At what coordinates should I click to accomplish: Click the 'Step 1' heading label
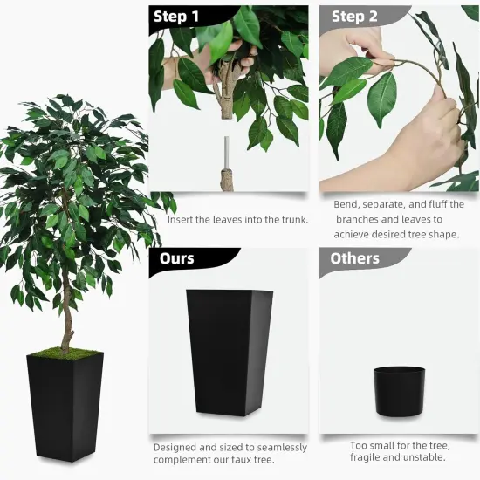[x=176, y=17]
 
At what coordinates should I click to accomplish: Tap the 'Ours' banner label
[x=177, y=258]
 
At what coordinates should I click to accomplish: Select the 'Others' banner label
[x=354, y=258]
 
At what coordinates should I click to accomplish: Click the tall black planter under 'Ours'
[x=230, y=349]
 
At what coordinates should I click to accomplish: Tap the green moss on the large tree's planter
[x=65, y=354]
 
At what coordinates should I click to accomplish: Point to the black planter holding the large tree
[x=65, y=406]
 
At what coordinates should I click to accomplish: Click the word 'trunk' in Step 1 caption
[x=290, y=219]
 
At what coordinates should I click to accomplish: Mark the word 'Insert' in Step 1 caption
[x=182, y=219]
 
